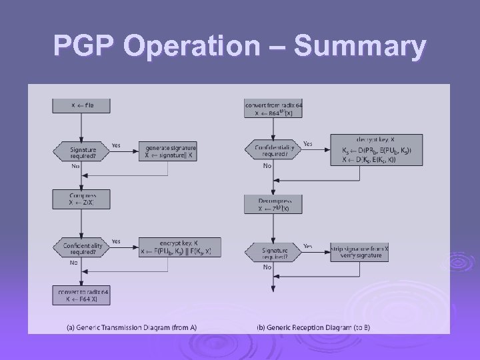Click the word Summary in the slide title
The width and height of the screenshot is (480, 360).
[360, 47]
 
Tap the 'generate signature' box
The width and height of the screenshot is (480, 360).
[169, 151]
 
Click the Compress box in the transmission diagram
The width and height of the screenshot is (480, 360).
[83, 199]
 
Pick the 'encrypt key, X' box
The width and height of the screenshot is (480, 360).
[179, 247]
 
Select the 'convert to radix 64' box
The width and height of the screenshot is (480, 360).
[83, 295]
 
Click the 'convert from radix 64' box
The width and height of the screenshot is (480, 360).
[273, 109]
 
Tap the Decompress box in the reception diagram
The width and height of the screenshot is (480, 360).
[273, 204]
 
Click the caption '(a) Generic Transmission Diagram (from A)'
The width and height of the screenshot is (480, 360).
[131, 327]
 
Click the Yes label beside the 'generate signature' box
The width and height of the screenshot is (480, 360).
[117, 145]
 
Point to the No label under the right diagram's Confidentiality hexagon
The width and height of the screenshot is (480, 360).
[267, 165]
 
